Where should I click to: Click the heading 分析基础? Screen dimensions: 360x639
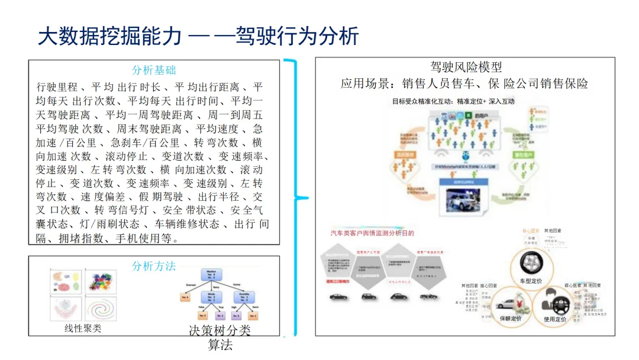pyautogui.click(x=154, y=70)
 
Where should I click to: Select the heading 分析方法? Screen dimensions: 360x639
pyautogui.click(x=154, y=266)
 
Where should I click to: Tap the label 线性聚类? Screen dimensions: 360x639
pyautogui.click(x=83, y=328)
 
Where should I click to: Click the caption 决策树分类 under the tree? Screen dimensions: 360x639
pyautogui.click(x=220, y=330)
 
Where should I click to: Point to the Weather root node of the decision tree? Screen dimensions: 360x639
pyautogui.click(x=211, y=275)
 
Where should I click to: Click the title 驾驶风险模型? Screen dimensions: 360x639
pyautogui.click(x=466, y=67)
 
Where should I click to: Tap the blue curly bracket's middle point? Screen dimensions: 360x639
pyautogui.click(x=304, y=197)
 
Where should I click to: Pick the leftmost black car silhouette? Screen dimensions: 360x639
pyautogui.click(x=338, y=297)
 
